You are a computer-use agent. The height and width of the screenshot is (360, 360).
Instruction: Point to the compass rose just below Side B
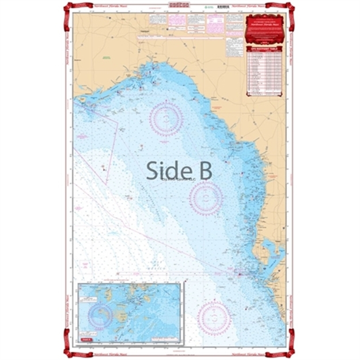pos(206,198)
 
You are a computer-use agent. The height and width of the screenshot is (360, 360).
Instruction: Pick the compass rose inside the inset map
pos(101,314)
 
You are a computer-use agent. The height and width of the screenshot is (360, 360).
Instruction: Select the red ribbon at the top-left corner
pos(70,9)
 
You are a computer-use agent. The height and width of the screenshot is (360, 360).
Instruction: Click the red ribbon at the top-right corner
pos(290,9)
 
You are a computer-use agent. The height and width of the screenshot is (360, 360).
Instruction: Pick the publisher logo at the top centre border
pos(179,4)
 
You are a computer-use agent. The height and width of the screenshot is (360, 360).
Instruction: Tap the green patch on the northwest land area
pos(107,59)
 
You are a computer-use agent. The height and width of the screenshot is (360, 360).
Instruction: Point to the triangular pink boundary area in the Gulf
pos(109,144)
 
